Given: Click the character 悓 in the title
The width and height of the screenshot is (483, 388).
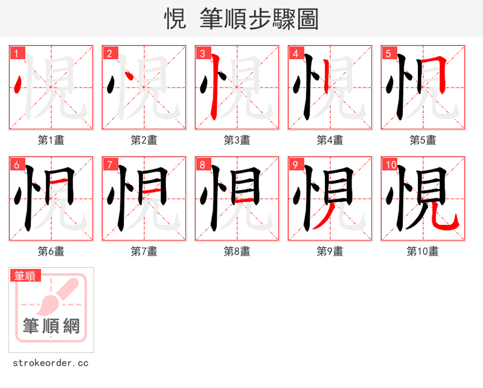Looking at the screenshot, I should click(175, 19).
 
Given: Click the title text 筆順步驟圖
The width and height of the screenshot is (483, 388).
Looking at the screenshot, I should click(254, 19).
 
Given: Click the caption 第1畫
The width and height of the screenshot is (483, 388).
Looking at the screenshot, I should click(51, 140).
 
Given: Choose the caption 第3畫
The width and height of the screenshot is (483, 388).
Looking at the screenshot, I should click(237, 140).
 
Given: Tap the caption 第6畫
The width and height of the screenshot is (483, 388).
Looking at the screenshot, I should click(51, 251).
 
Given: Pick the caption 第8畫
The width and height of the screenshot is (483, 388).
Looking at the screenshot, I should click(237, 251).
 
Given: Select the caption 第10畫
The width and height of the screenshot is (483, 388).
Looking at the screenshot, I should click(423, 251).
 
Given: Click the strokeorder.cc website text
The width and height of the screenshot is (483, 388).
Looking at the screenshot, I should click(51, 363).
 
